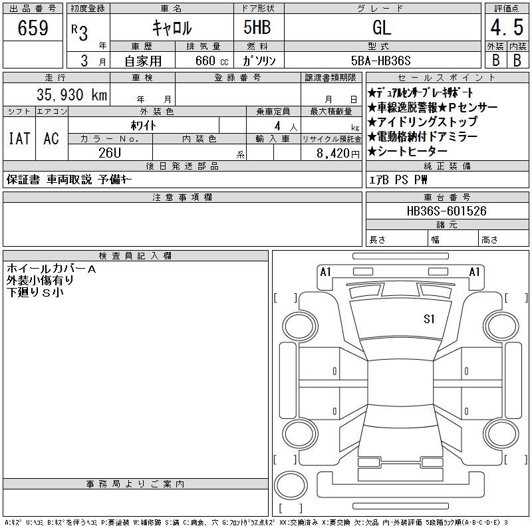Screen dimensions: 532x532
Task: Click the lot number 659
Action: (x=33, y=27)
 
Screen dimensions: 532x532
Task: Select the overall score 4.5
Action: (x=507, y=27)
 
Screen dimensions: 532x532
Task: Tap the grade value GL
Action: (x=382, y=27)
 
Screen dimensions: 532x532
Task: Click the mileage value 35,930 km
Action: (x=72, y=94)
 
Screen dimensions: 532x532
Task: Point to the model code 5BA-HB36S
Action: (x=380, y=61)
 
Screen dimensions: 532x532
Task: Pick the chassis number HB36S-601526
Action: (x=446, y=211)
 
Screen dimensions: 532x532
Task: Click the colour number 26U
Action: (x=110, y=153)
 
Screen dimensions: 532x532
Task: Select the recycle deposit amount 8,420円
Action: (x=338, y=154)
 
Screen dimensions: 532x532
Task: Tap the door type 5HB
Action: (x=257, y=27)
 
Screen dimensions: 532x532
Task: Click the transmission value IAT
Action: (x=19, y=138)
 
